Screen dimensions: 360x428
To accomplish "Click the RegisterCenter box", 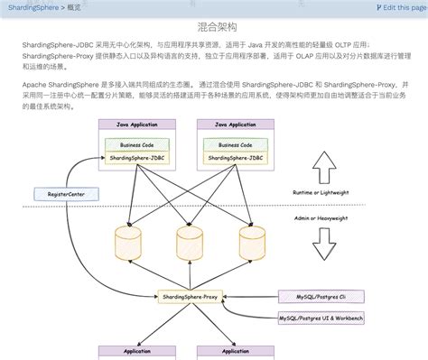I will click(60, 194).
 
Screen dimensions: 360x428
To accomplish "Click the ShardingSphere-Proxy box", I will click(190, 295).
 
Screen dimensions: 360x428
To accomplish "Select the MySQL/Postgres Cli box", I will click(320, 295).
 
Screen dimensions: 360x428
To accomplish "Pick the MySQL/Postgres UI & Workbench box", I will click(321, 318).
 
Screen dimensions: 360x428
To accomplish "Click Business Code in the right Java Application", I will click(235, 144).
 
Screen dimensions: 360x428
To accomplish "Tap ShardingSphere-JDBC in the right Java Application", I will click(235, 157).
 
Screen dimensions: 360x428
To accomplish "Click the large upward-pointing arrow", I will click(323, 168).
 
